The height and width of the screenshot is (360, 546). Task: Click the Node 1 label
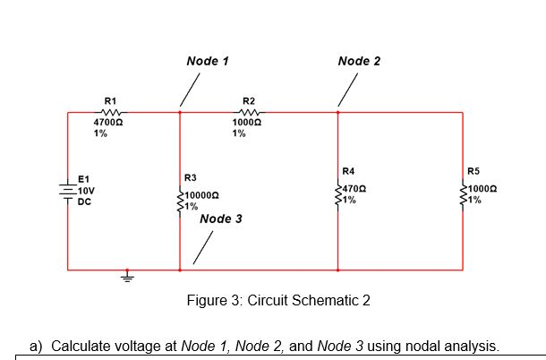(x=208, y=61)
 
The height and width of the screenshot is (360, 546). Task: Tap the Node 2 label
(x=359, y=61)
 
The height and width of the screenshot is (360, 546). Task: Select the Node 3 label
(x=221, y=219)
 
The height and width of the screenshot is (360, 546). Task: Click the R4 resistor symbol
(x=338, y=194)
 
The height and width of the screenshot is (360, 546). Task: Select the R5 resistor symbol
(x=463, y=194)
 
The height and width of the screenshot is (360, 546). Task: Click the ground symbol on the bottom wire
(x=127, y=277)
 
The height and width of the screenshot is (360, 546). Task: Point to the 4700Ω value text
(x=109, y=122)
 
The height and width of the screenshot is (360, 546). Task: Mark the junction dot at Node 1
(x=181, y=113)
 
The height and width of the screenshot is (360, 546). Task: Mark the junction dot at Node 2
(x=338, y=113)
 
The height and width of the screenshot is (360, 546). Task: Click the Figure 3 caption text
(x=277, y=300)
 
